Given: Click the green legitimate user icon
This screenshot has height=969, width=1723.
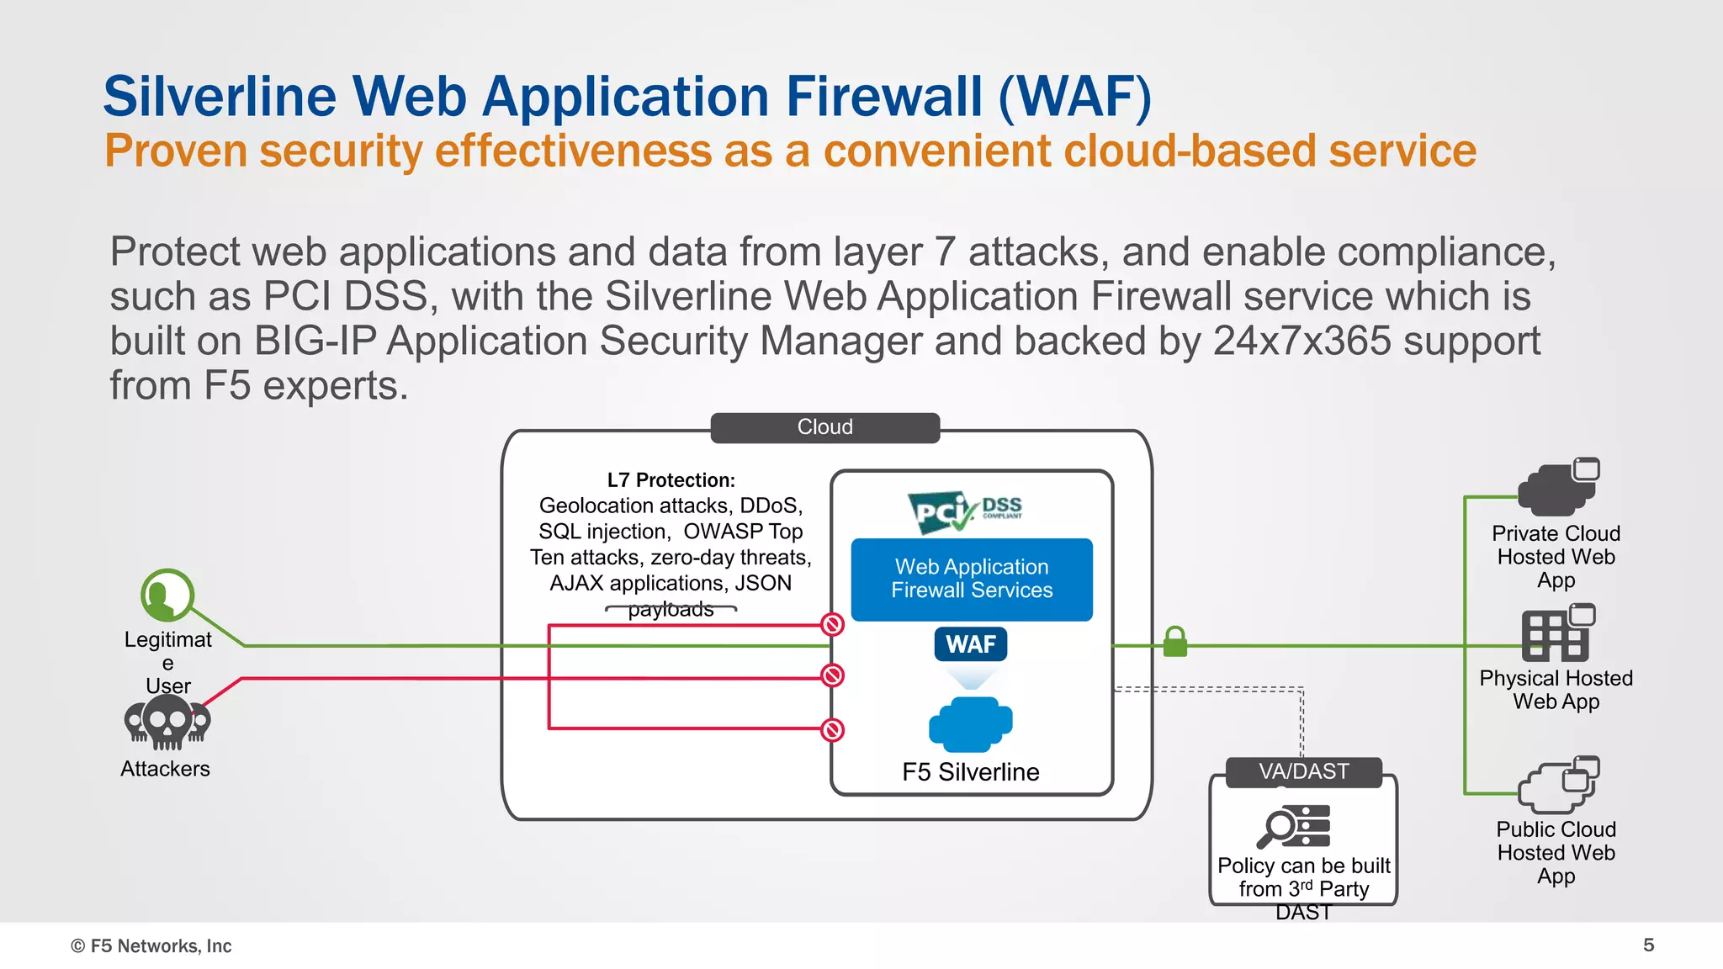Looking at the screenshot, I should click(167, 596).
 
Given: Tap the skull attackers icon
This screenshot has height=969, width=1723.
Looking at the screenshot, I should click(167, 722).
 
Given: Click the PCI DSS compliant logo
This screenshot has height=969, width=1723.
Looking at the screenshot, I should click(965, 511).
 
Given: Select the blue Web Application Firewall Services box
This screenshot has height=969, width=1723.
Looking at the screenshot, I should click(972, 579).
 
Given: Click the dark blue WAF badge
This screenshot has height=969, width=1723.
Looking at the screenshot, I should click(971, 644).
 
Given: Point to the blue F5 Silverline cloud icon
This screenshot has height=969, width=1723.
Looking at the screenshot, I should click(970, 723).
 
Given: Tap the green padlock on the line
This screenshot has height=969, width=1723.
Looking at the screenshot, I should click(1174, 642).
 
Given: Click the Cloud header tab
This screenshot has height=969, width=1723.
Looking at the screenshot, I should click(824, 427).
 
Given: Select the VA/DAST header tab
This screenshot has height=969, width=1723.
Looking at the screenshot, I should click(1303, 771).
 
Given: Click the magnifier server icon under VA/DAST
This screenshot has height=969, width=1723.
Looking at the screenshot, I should click(1294, 826).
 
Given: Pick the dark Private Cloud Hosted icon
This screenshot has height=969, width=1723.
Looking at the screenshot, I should click(1557, 487).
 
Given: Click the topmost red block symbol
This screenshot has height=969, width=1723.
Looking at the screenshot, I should click(832, 624).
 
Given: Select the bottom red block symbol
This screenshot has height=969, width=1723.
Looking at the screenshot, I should click(832, 729).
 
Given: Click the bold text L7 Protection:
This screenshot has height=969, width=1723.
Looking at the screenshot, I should click(671, 480).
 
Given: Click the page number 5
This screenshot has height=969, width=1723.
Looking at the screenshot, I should click(1648, 945).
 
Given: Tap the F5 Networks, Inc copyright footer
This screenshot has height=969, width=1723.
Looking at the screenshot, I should click(151, 945).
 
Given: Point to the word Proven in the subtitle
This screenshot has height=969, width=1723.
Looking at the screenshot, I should click(176, 151).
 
